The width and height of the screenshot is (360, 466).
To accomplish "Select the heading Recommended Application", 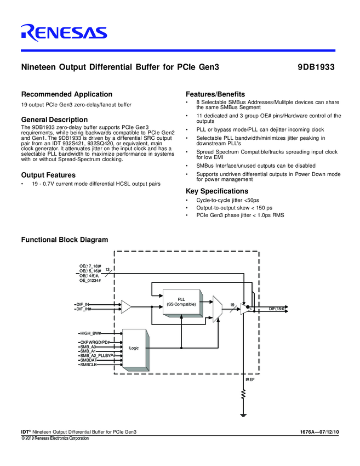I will [x=66, y=94].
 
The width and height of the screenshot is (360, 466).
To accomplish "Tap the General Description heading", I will [x=54, y=120].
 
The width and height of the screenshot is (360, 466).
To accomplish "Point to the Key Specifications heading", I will [x=217, y=191].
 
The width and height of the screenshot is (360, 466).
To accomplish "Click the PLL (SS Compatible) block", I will [x=181, y=302].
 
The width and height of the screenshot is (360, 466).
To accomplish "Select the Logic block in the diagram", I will [x=134, y=348].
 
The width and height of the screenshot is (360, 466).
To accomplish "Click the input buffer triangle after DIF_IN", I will [x=126, y=306].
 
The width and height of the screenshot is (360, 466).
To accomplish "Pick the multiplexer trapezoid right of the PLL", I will [x=217, y=310].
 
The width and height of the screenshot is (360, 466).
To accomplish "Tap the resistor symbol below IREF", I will [x=243, y=394].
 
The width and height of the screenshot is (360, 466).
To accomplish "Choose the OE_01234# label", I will [x=90, y=280].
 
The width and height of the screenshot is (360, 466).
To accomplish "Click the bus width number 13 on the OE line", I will [x=107, y=269].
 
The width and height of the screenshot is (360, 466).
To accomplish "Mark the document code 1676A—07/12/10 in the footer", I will [x=319, y=433].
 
